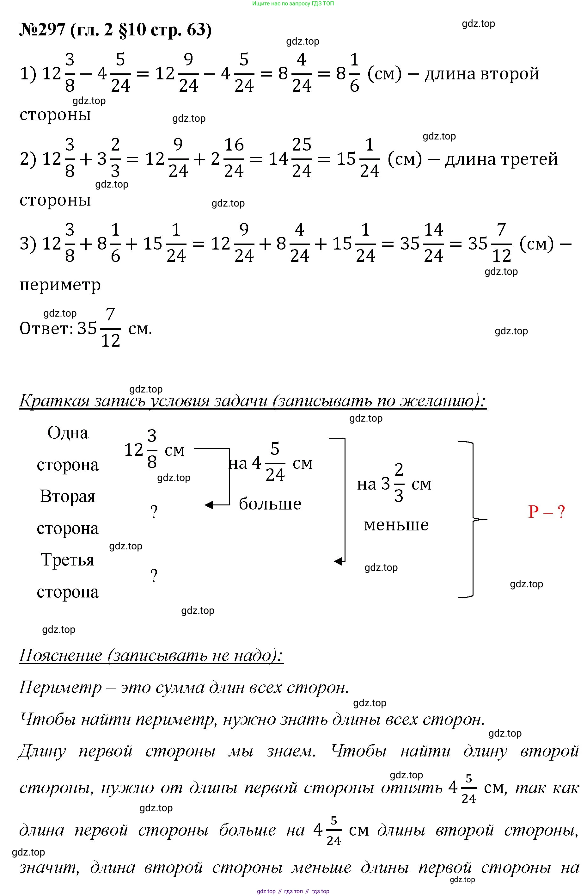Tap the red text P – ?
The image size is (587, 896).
point(546,512)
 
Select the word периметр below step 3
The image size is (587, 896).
point(60,285)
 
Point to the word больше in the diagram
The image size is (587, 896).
point(270,504)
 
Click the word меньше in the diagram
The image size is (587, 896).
point(396,524)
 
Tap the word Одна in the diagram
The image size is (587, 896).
point(68,433)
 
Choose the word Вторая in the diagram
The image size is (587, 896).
point(68,496)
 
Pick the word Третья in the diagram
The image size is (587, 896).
point(68,559)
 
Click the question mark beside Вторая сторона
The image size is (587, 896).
point(154,512)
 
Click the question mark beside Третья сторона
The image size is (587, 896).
point(154,576)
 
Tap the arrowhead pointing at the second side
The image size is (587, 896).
point(209,505)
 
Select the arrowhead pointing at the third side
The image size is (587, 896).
point(338,561)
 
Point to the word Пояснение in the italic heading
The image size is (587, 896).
point(60,655)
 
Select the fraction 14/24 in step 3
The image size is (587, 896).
point(433,243)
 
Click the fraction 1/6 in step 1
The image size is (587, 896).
point(354,73)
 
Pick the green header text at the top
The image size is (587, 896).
point(293,4)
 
